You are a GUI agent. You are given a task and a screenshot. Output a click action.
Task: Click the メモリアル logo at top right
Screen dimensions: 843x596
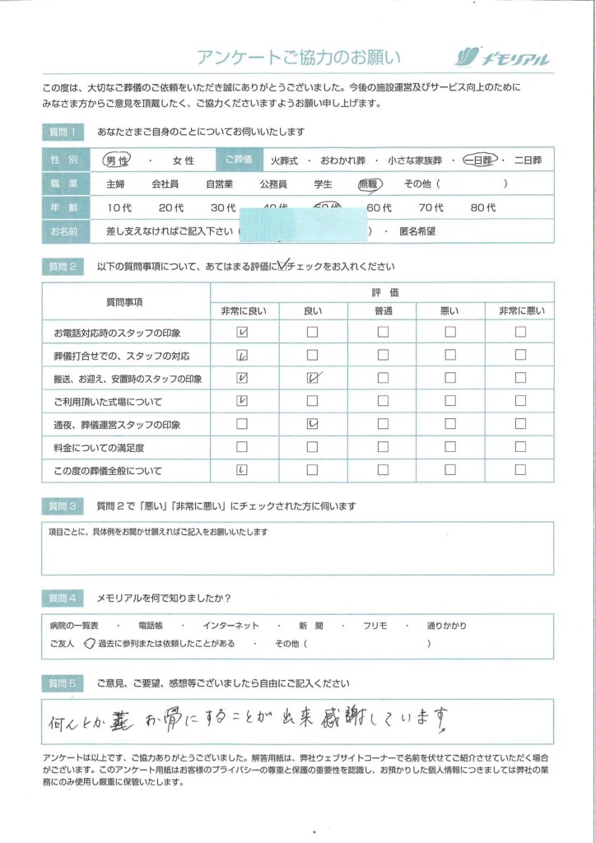(501, 58)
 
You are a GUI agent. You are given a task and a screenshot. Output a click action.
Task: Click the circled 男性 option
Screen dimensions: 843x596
(114, 161)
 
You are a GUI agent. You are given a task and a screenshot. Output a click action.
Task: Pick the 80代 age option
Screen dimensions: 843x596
(482, 208)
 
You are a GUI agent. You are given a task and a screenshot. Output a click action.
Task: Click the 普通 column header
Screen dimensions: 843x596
(383, 311)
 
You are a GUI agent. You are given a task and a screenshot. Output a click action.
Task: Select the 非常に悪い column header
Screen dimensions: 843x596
(520, 311)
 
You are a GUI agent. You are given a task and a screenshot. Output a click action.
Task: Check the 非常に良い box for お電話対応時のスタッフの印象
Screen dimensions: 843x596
(242, 333)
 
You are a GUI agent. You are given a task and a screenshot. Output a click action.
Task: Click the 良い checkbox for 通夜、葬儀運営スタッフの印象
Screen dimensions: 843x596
(312, 425)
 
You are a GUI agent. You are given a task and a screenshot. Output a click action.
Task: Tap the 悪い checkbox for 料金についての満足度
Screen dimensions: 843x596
(450, 448)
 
